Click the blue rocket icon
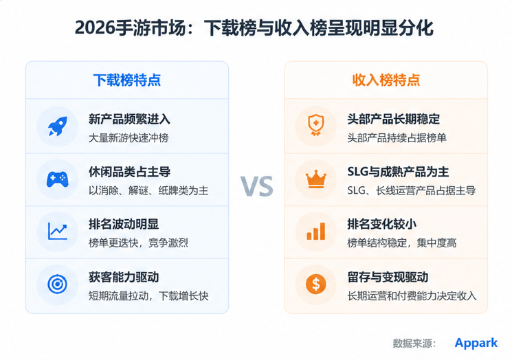tap(58, 126)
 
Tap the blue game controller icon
tap(58, 179)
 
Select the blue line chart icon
tap(58, 231)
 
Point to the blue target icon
tap(58, 284)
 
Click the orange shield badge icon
tap(315, 125)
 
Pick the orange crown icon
tap(315, 179)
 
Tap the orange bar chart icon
tap(315, 232)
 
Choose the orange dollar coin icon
tap(315, 284)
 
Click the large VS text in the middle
tap(256, 186)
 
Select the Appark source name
tap(476, 343)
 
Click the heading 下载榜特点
tap(127, 80)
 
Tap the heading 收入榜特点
tap(386, 80)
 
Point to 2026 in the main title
tap(95, 27)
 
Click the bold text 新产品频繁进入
tap(129, 119)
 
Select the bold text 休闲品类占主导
tap(129, 172)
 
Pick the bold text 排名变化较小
tap(381, 224)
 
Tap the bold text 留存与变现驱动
tap(388, 277)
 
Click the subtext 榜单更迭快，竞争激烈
tap(138, 243)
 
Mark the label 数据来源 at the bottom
tap(412, 344)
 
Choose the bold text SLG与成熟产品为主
tap(398, 172)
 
